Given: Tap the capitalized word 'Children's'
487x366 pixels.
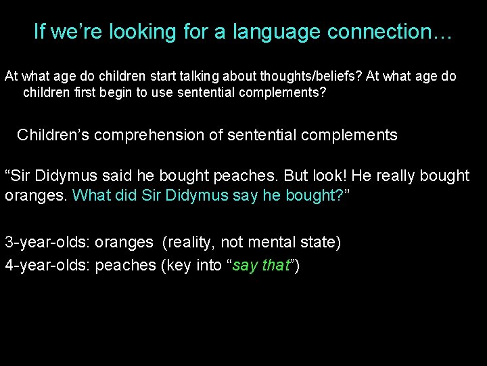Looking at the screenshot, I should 53,135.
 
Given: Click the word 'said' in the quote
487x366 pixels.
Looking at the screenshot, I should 116,176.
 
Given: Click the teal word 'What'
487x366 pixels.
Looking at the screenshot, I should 89,195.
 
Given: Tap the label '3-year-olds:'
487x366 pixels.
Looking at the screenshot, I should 47,242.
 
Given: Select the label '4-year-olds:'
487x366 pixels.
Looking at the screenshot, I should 47,265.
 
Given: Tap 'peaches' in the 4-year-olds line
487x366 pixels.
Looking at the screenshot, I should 125,265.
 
